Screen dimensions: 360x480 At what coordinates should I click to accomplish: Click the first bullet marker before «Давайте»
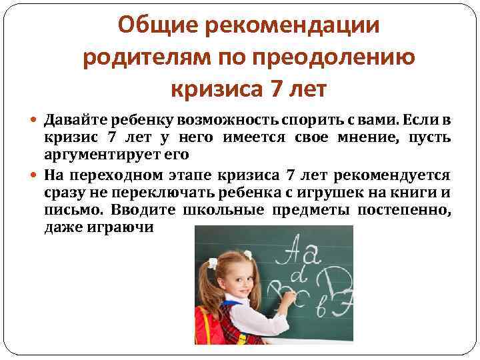click(35, 121)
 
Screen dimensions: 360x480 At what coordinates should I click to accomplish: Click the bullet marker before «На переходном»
click(35, 175)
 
